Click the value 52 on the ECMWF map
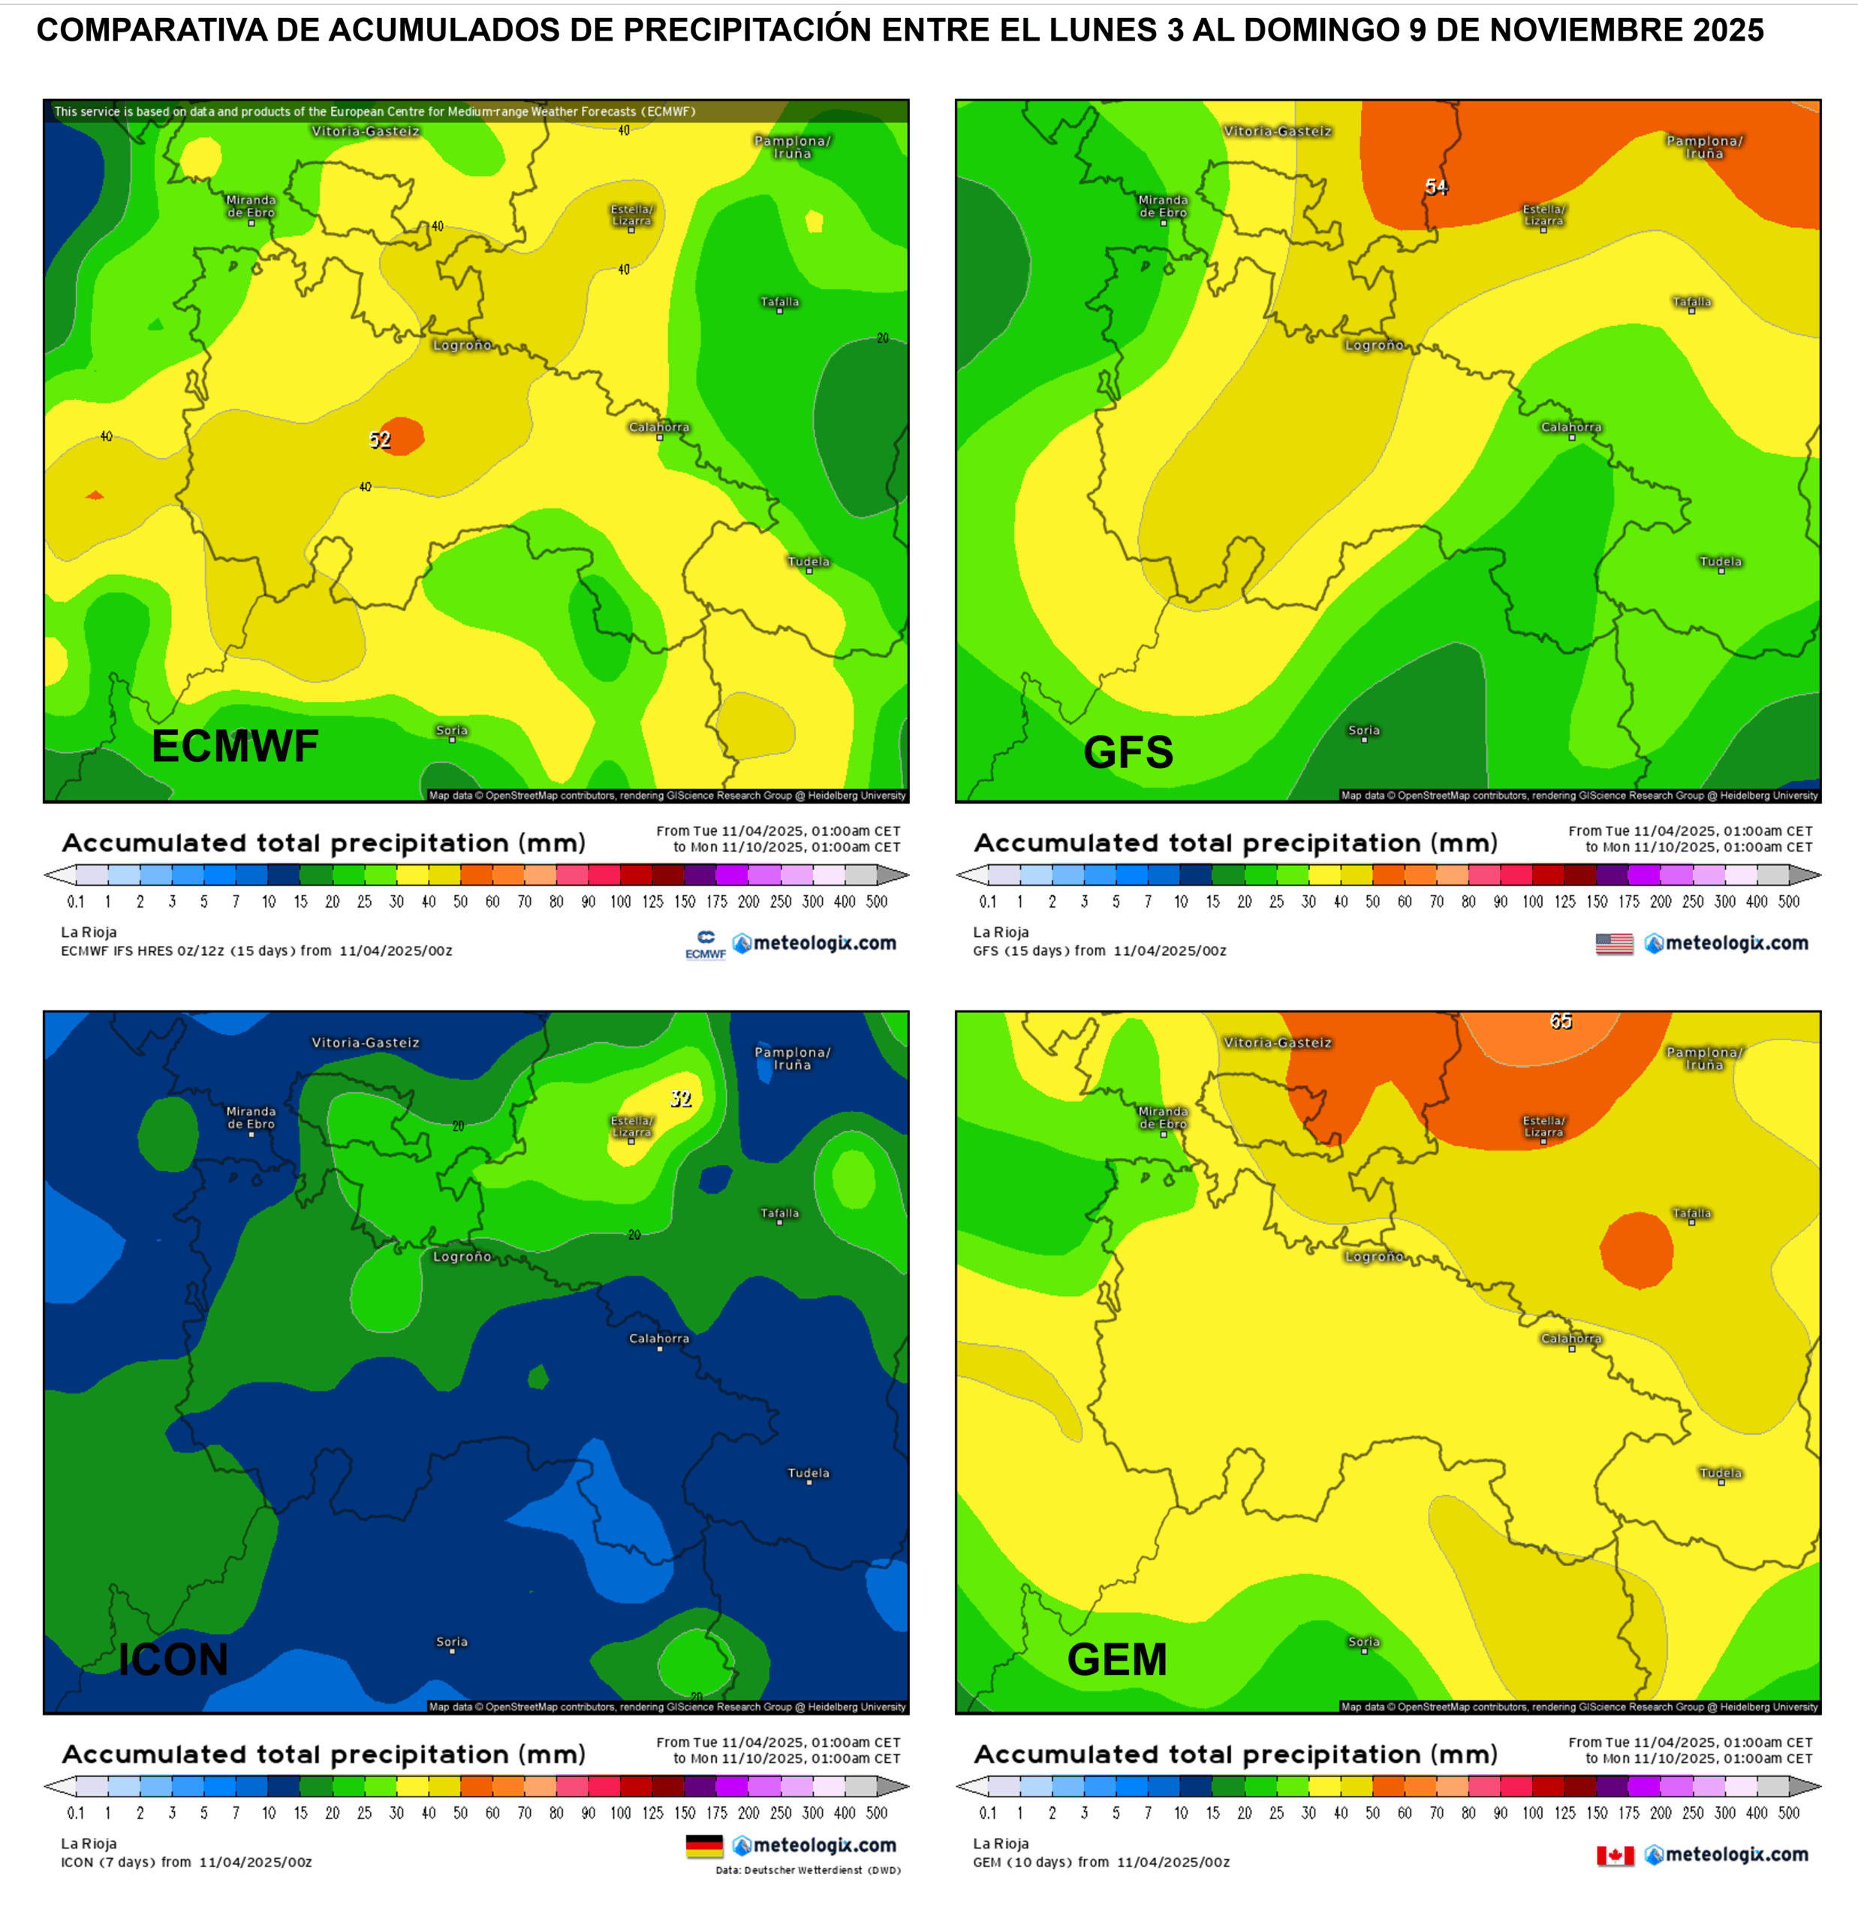pyautogui.click(x=379, y=440)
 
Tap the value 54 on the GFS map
pyautogui.click(x=1435, y=186)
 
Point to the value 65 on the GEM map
pyautogui.click(x=1561, y=1022)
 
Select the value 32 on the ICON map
pyautogui.click(x=680, y=1098)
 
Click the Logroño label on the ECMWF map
pyautogui.click(x=462, y=345)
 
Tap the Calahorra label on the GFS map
pyautogui.click(x=1570, y=427)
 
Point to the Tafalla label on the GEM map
pyautogui.click(x=1691, y=1214)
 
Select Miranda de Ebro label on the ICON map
pyautogui.click(x=251, y=1118)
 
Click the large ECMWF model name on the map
pyautogui.click(x=235, y=746)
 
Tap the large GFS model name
pyautogui.click(x=1128, y=752)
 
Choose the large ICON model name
pyautogui.click(x=173, y=1659)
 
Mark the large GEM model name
pyautogui.click(x=1117, y=1659)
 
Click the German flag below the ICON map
pyautogui.click(x=704, y=1846)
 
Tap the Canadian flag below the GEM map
pyautogui.click(x=1615, y=1855)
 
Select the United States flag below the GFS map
pyautogui.click(x=1614, y=943)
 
